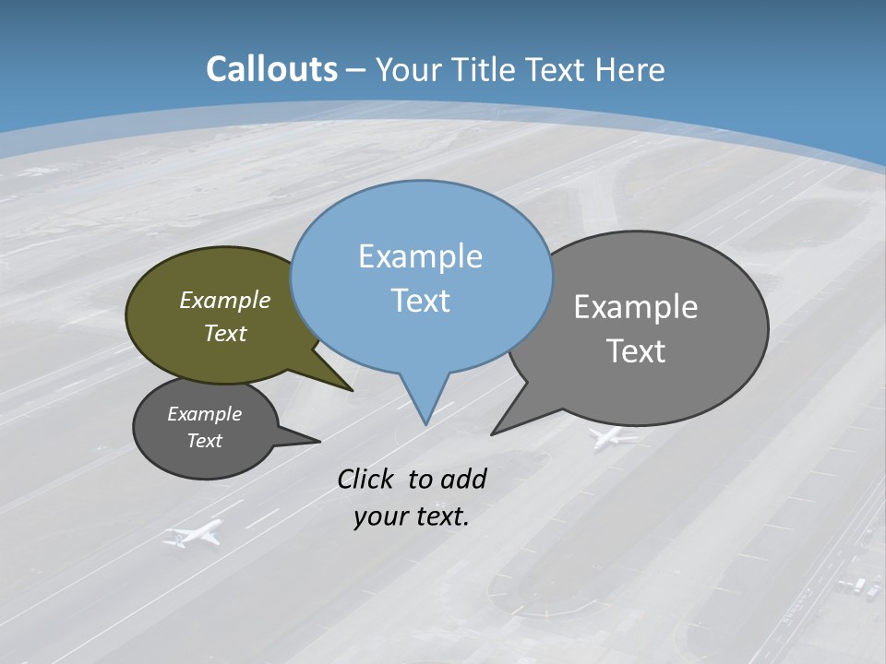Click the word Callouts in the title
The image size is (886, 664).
pyautogui.click(x=271, y=69)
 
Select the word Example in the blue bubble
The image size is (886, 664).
pyautogui.click(x=420, y=256)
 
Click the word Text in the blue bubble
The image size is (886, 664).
pyautogui.click(x=420, y=301)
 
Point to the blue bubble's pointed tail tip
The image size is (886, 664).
pyautogui.click(x=425, y=423)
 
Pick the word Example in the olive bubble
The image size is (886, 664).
pyautogui.click(x=225, y=301)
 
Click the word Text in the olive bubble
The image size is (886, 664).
pyautogui.click(x=225, y=333)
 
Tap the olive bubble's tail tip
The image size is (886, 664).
pyautogui.click(x=352, y=390)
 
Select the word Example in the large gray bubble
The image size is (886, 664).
pyautogui.click(x=636, y=307)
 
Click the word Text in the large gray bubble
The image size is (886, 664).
pyautogui.click(x=636, y=351)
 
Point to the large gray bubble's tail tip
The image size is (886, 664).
pyautogui.click(x=493, y=433)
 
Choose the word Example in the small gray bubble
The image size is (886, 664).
pyautogui.click(x=204, y=414)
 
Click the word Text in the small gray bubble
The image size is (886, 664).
pyautogui.click(x=204, y=441)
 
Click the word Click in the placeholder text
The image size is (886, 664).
pyautogui.click(x=367, y=479)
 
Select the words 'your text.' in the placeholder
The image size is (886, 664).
pyautogui.click(x=412, y=516)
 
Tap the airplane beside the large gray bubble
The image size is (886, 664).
pyautogui.click(x=612, y=437)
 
